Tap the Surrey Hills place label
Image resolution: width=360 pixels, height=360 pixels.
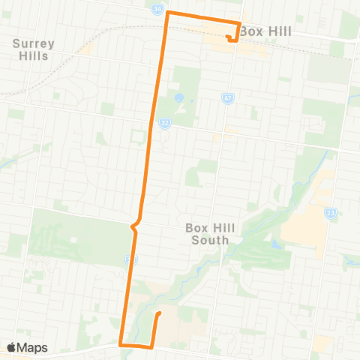pyautogui.click(x=34, y=49)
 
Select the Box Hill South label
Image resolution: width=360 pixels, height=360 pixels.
pyautogui.click(x=205, y=235)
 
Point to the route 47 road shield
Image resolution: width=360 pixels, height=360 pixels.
pyautogui.click(x=228, y=97)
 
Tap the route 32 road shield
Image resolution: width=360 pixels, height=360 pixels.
pyautogui.click(x=163, y=122)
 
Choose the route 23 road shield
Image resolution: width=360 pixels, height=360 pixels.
pyautogui.click(x=331, y=214)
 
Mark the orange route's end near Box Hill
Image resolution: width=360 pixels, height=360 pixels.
pyautogui.click(x=228, y=37)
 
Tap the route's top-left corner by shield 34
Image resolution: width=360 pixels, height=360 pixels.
pyautogui.click(x=166, y=14)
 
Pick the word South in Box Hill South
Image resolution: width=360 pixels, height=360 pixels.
pyautogui.click(x=205, y=241)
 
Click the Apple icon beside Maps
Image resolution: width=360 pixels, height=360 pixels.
pyautogui.click(x=12, y=347)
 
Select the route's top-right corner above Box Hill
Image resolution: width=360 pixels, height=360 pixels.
pyautogui.click(x=238, y=23)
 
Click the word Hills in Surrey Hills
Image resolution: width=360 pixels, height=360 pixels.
pyautogui.click(x=35, y=55)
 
